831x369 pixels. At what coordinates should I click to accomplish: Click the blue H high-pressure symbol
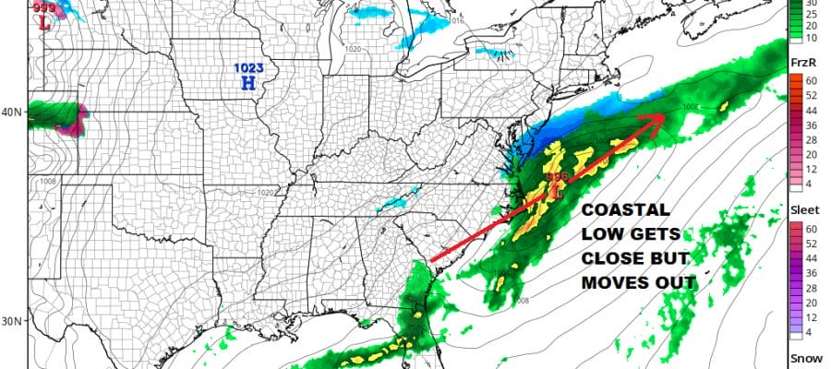pyautogui.click(x=247, y=83)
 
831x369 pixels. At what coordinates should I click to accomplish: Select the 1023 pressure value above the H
pyautogui.click(x=247, y=67)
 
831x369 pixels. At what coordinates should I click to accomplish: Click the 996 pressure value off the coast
pyautogui.click(x=557, y=176)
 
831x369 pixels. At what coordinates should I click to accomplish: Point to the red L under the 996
pyautogui.click(x=557, y=192)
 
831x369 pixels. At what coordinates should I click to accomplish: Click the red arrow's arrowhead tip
pyautogui.click(x=663, y=117)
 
